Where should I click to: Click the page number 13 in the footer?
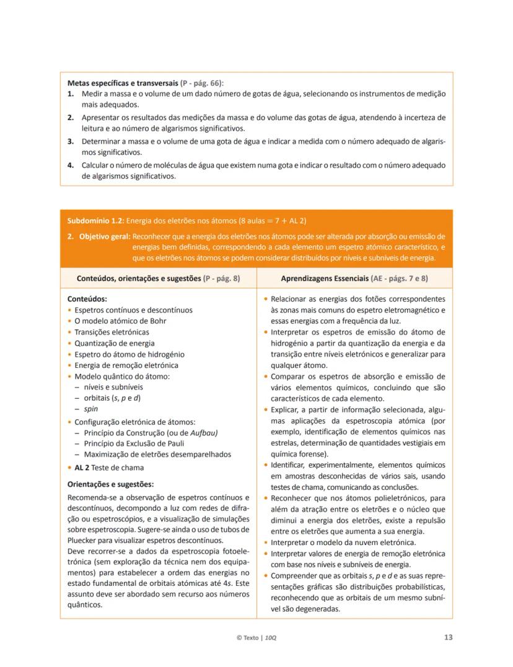click(448, 637)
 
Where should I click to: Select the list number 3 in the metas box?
click(71, 141)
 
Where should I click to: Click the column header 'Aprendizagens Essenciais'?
click(332, 279)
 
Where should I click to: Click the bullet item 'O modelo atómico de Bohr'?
click(120, 321)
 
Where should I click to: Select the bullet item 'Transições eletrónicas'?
click(112, 332)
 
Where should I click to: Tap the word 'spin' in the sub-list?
click(90, 409)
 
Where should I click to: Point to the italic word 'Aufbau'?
click(203, 432)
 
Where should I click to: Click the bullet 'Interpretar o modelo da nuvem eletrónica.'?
click(343, 543)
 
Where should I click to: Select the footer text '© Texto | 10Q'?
click(256, 637)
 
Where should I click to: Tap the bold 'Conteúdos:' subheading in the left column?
click(87, 298)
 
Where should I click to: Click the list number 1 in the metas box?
click(71, 94)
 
